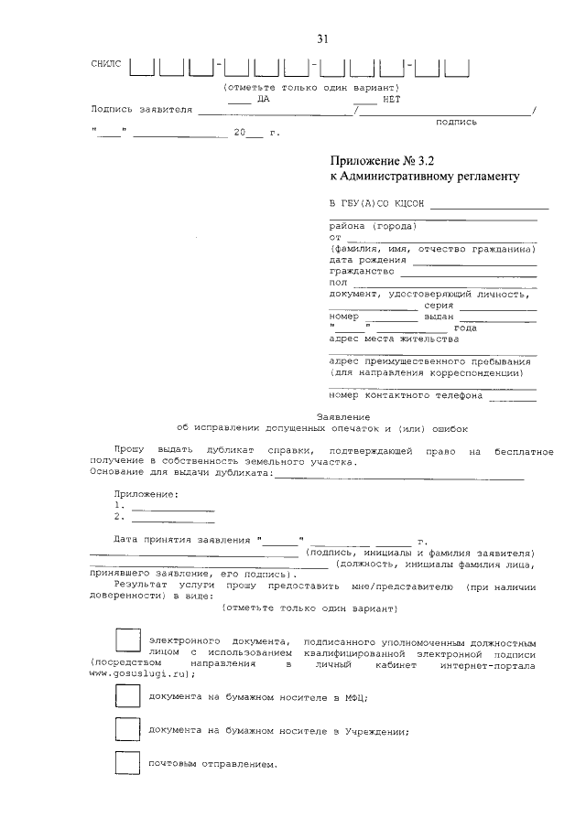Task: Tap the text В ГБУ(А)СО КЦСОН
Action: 376,203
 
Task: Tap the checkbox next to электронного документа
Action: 127,641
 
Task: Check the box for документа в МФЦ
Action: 127,696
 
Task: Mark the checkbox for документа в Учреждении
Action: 127,729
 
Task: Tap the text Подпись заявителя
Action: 141,109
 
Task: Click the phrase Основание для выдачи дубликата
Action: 181,472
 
